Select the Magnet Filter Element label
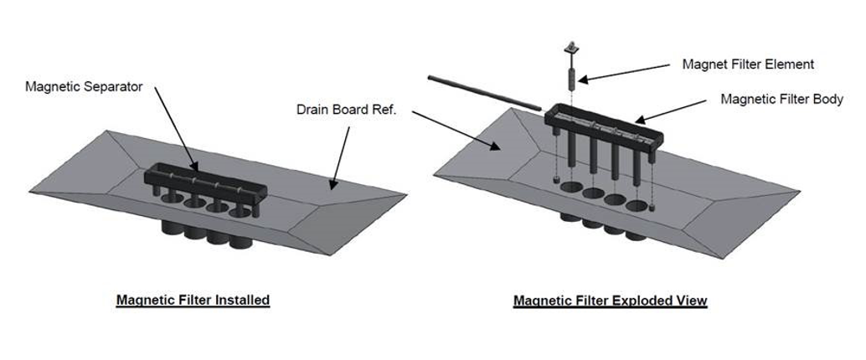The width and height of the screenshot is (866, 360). (x=748, y=64)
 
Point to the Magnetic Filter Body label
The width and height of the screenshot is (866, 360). (x=782, y=100)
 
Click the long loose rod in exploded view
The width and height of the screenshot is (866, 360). (x=483, y=91)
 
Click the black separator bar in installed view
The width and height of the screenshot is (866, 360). (x=205, y=181)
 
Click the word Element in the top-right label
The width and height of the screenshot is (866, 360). (x=791, y=64)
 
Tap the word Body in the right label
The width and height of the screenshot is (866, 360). (x=828, y=100)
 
